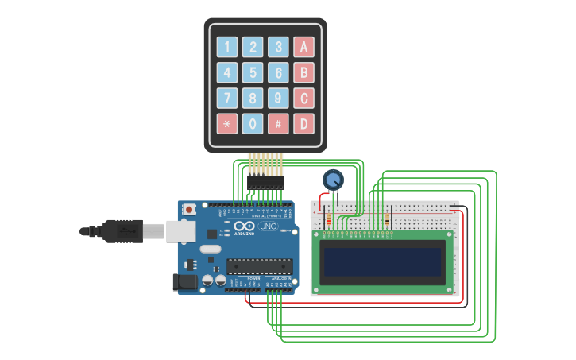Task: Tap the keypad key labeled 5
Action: (x=253, y=73)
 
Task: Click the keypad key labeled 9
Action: (x=278, y=99)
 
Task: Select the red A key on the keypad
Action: (x=303, y=47)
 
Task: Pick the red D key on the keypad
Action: (x=303, y=124)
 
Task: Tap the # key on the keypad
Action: (x=278, y=124)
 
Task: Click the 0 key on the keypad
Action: (x=253, y=124)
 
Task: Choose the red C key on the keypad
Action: (x=303, y=99)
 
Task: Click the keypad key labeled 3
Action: (x=278, y=47)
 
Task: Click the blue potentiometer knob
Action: (x=333, y=180)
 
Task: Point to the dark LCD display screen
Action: (x=382, y=262)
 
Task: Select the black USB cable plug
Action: (x=124, y=231)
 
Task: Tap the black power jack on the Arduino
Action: (x=183, y=281)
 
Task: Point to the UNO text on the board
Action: (x=269, y=226)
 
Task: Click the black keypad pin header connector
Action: (x=265, y=182)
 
